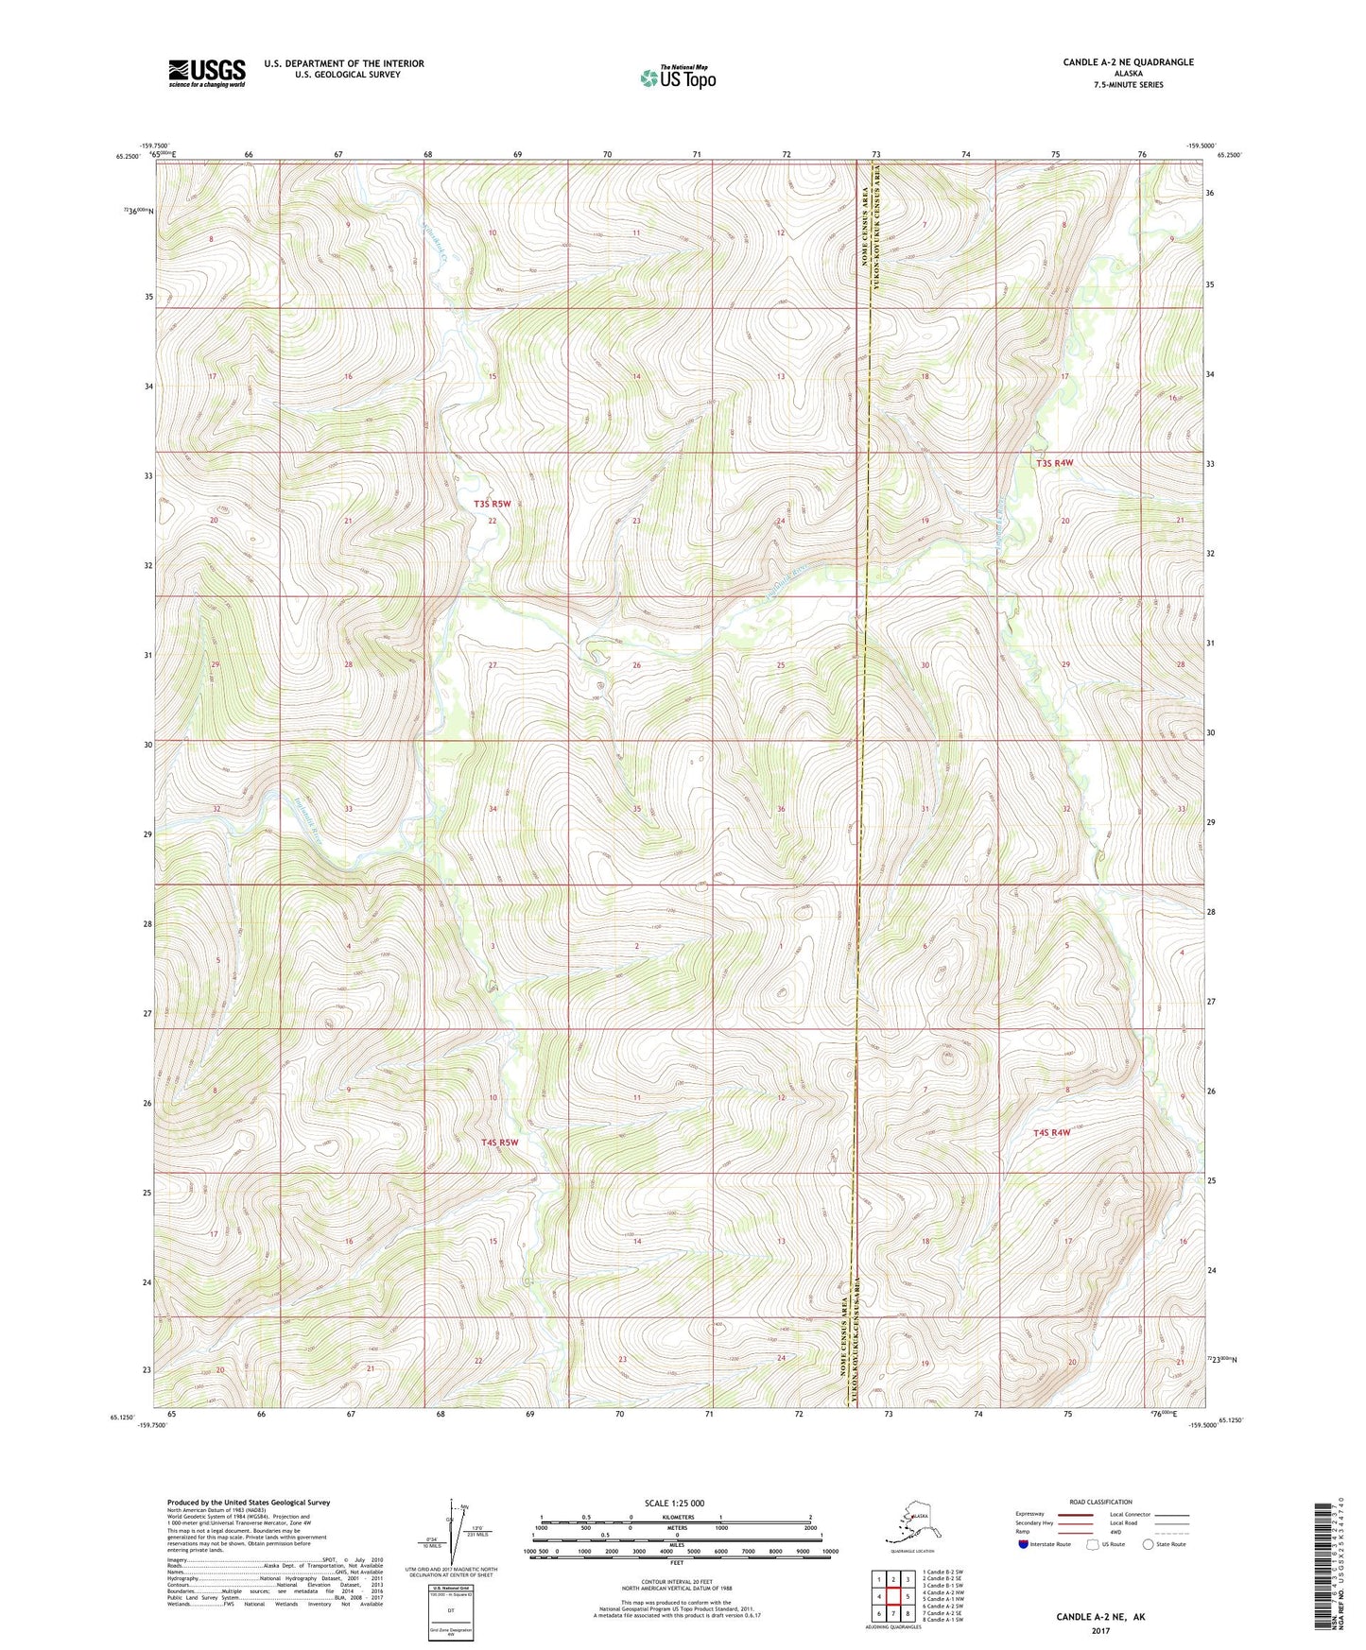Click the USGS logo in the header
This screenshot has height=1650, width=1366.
coord(207,73)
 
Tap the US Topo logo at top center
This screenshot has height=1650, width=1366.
coord(677,77)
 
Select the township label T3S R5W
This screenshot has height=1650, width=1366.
coord(492,505)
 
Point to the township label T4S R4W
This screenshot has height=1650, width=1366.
coord(1052,1132)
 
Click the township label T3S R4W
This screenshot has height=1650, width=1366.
coord(1054,463)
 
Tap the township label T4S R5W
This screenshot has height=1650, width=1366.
coord(500,1143)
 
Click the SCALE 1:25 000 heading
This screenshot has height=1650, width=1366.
coord(675,1504)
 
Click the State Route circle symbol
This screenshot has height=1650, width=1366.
coord(1149,1545)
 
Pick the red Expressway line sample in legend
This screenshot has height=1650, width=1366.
coord(1068,1515)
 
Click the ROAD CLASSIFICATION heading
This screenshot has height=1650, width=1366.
coord(1101,1502)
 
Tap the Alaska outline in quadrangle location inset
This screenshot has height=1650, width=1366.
coord(911,1523)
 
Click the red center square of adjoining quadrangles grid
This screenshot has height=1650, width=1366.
coord(892,1597)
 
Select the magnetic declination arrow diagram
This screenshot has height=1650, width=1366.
coord(458,1531)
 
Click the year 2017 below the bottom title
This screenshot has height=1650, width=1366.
coord(1100,1630)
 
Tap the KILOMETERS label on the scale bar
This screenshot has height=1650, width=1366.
coord(675,1517)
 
